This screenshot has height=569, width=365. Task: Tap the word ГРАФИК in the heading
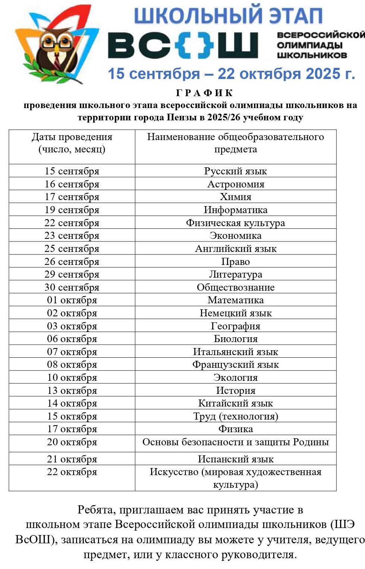tap(204, 93)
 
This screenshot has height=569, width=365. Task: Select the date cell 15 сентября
tap(72, 171)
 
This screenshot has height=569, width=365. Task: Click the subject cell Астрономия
tap(236, 184)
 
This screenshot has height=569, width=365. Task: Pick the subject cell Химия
tap(236, 197)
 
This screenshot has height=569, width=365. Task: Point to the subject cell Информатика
tap(236, 210)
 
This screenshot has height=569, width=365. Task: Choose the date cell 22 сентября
tap(72, 223)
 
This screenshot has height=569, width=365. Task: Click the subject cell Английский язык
tap(236, 249)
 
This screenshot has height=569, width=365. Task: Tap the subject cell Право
tap(236, 262)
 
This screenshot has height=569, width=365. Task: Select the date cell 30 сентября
tap(72, 287)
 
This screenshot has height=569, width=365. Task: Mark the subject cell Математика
tap(236, 300)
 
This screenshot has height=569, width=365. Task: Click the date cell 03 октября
tap(72, 326)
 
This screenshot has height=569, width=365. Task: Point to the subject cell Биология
tap(236, 339)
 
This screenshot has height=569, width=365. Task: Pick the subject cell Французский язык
tap(236, 364)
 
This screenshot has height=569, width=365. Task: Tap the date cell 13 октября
tap(72, 391)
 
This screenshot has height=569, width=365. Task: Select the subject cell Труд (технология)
tap(236, 416)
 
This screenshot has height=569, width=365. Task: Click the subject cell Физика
tap(236, 429)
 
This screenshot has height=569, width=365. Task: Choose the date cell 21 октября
tap(72, 459)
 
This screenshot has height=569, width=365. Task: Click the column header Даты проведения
tap(72, 137)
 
